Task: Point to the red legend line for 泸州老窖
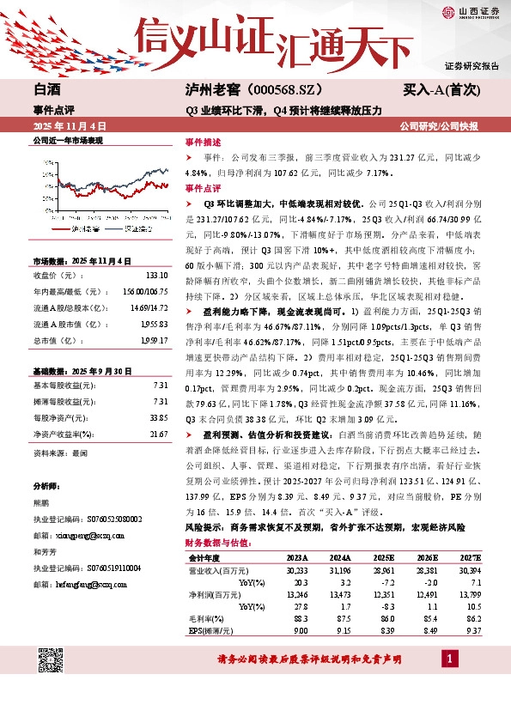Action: click(60, 229)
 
